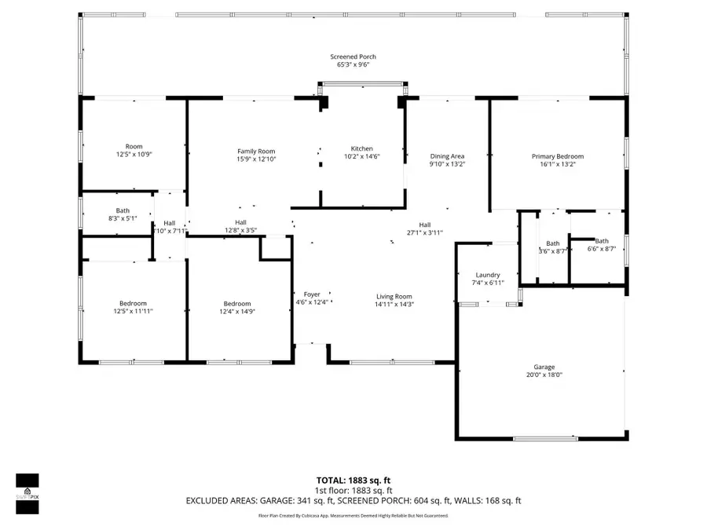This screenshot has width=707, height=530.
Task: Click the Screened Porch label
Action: (353, 57)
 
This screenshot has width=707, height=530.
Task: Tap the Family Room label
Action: (256, 151)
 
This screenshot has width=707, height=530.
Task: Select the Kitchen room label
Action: (361, 148)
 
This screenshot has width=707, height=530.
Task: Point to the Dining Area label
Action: (446, 156)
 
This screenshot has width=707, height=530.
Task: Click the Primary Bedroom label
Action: (557, 156)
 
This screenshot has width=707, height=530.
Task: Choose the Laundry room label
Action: (488, 275)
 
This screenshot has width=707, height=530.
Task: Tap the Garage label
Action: (544, 367)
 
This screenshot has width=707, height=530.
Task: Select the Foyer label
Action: (313, 296)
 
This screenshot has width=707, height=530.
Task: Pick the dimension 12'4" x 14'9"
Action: (237, 312)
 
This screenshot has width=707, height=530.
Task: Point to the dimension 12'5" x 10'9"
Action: (133, 155)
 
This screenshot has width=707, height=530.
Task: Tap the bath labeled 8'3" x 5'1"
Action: (123, 218)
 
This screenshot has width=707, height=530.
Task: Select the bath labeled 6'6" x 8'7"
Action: (602, 249)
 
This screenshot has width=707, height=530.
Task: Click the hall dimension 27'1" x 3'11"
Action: (425, 232)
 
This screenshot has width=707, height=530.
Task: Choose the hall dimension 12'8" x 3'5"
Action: (240, 230)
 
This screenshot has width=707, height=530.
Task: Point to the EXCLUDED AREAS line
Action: (353, 500)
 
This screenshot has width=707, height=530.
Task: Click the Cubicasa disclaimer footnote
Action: (353, 516)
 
